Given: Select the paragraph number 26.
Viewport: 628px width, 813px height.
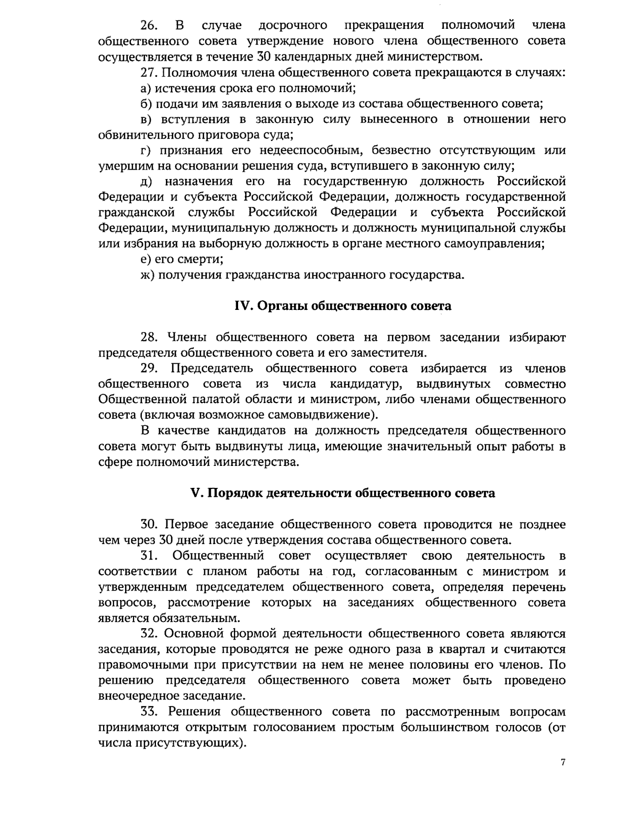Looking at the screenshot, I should (150, 25).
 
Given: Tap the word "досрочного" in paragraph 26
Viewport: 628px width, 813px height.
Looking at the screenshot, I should (293, 25).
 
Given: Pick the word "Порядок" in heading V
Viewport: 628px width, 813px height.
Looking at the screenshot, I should (235, 493).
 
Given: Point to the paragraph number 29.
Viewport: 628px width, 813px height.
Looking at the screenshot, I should (150, 369).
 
